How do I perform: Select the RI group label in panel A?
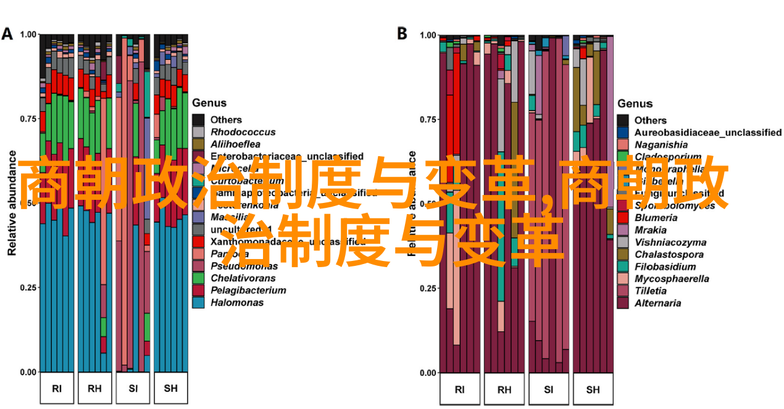click(x=57, y=389)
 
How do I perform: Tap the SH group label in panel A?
click(x=171, y=389)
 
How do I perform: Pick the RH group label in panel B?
click(x=504, y=389)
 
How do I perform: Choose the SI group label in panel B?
click(x=549, y=389)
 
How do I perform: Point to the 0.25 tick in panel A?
click(x=28, y=287)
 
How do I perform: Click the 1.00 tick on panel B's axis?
click(x=427, y=36)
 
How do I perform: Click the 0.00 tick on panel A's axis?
click(x=28, y=372)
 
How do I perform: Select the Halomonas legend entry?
click(x=236, y=302)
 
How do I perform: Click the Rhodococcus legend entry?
click(x=243, y=132)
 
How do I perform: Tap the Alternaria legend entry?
click(x=658, y=303)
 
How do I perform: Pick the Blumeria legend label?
click(x=656, y=218)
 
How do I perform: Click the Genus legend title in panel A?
click(x=209, y=103)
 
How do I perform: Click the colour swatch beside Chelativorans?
click(x=198, y=278)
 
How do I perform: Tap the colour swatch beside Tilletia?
click(x=623, y=291)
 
